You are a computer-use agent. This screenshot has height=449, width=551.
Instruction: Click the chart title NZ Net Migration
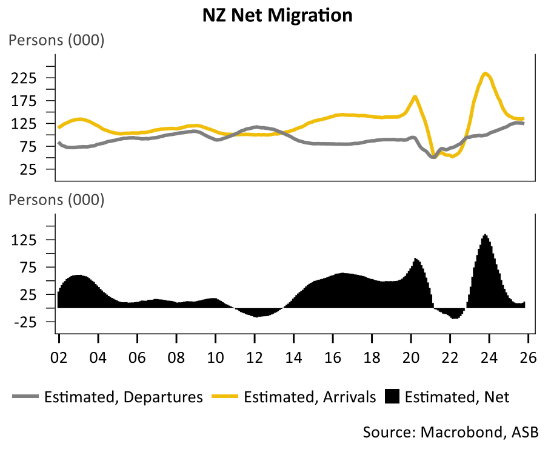pos(277,15)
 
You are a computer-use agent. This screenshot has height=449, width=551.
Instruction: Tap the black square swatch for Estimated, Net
pos(393,397)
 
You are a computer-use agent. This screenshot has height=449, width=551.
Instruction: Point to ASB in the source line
pos(525,432)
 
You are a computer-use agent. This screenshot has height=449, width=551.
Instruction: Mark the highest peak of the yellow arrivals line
pos(486,74)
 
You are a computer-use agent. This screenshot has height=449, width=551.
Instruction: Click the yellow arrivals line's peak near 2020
pos(415,97)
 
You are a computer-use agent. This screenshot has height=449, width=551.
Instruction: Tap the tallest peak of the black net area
pos(485,235)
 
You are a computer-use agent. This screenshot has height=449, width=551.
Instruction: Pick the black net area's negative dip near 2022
pos(454,317)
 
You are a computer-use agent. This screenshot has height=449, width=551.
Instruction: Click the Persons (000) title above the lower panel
pos(56,199)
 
